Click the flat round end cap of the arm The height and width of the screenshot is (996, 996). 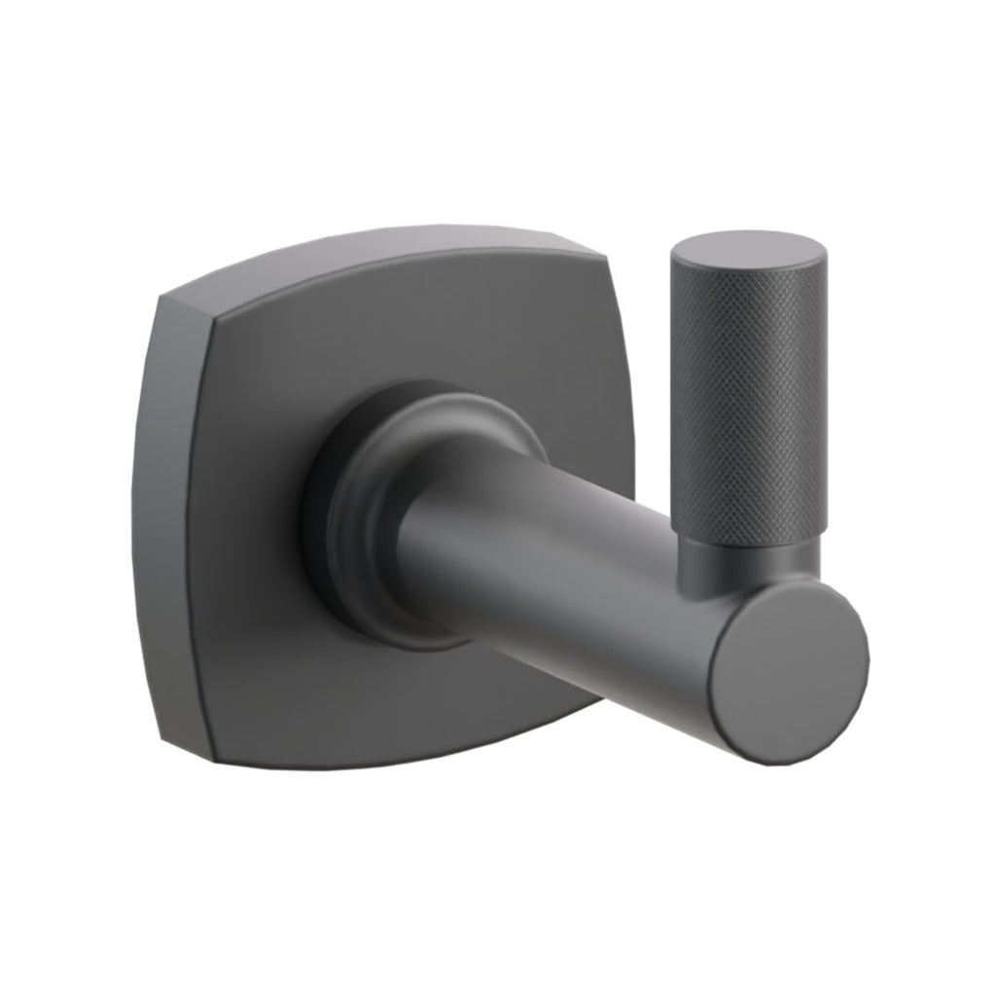[x=788, y=671]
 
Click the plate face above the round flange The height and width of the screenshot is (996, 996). [x=409, y=331]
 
